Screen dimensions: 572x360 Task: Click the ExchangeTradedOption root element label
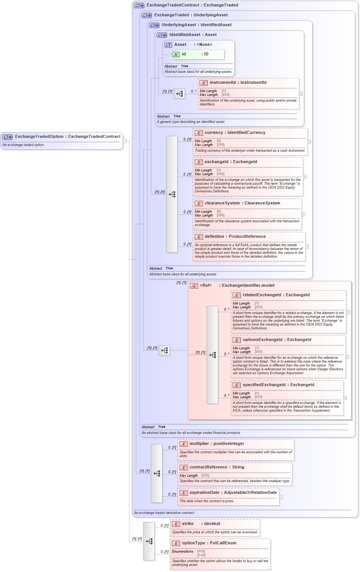[x=68, y=137]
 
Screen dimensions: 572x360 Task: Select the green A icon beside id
[x=176, y=54]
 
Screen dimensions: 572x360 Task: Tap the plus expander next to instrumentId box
[x=301, y=94]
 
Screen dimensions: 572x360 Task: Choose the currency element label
[x=235, y=133]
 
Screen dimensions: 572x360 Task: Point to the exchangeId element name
[x=231, y=162]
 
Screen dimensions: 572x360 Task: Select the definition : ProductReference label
[x=235, y=237]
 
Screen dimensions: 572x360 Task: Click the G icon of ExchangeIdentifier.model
[x=194, y=286]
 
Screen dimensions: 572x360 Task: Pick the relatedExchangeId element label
[x=276, y=295]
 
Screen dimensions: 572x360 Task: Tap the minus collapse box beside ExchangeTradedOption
[x=124, y=141]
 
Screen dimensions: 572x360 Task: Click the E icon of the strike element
[x=176, y=524]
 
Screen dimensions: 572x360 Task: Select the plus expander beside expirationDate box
[x=281, y=497]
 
